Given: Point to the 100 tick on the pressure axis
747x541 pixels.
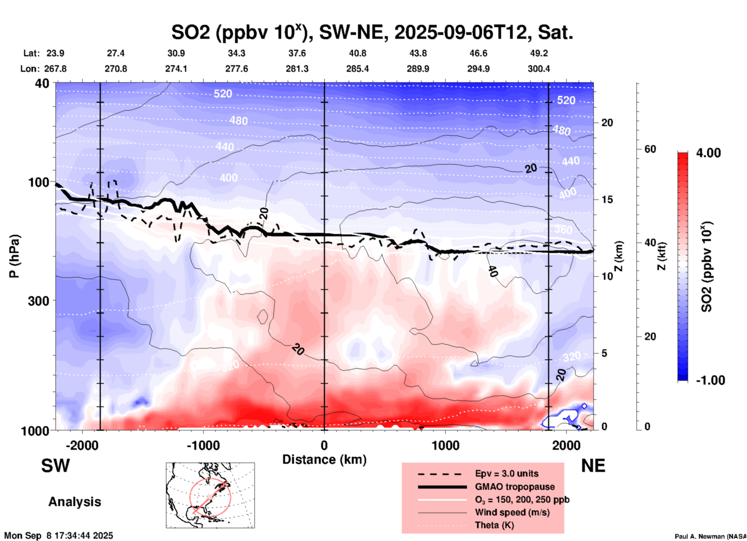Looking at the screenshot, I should coord(39,182).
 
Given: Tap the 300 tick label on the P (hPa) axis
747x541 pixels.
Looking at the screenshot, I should coord(39,301).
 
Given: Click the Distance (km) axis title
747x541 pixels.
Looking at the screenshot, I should coord(324,460).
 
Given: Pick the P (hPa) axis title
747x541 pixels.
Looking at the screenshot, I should coord(15,256).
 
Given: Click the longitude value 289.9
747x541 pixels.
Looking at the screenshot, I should coord(418,69).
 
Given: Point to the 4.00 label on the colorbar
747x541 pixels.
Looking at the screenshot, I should coord(708,153).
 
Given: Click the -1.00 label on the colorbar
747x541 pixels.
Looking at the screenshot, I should coord(710,380).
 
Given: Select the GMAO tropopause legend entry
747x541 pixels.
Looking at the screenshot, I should coord(515,487).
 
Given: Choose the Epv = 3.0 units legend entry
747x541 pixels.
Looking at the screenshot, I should coord(507,473).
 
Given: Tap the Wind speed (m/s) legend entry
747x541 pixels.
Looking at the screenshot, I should coord(512,512).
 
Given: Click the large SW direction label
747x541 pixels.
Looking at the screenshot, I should coord(55,466).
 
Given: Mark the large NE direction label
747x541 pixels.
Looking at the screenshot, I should coord(593,466).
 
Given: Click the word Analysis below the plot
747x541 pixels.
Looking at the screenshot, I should coord(74,502).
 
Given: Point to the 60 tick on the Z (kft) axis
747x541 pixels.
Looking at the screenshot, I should coord(650,149).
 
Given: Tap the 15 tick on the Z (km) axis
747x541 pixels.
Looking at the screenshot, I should coord(607,199).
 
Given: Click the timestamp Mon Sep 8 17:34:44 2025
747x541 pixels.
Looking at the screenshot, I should coord(59,536).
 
